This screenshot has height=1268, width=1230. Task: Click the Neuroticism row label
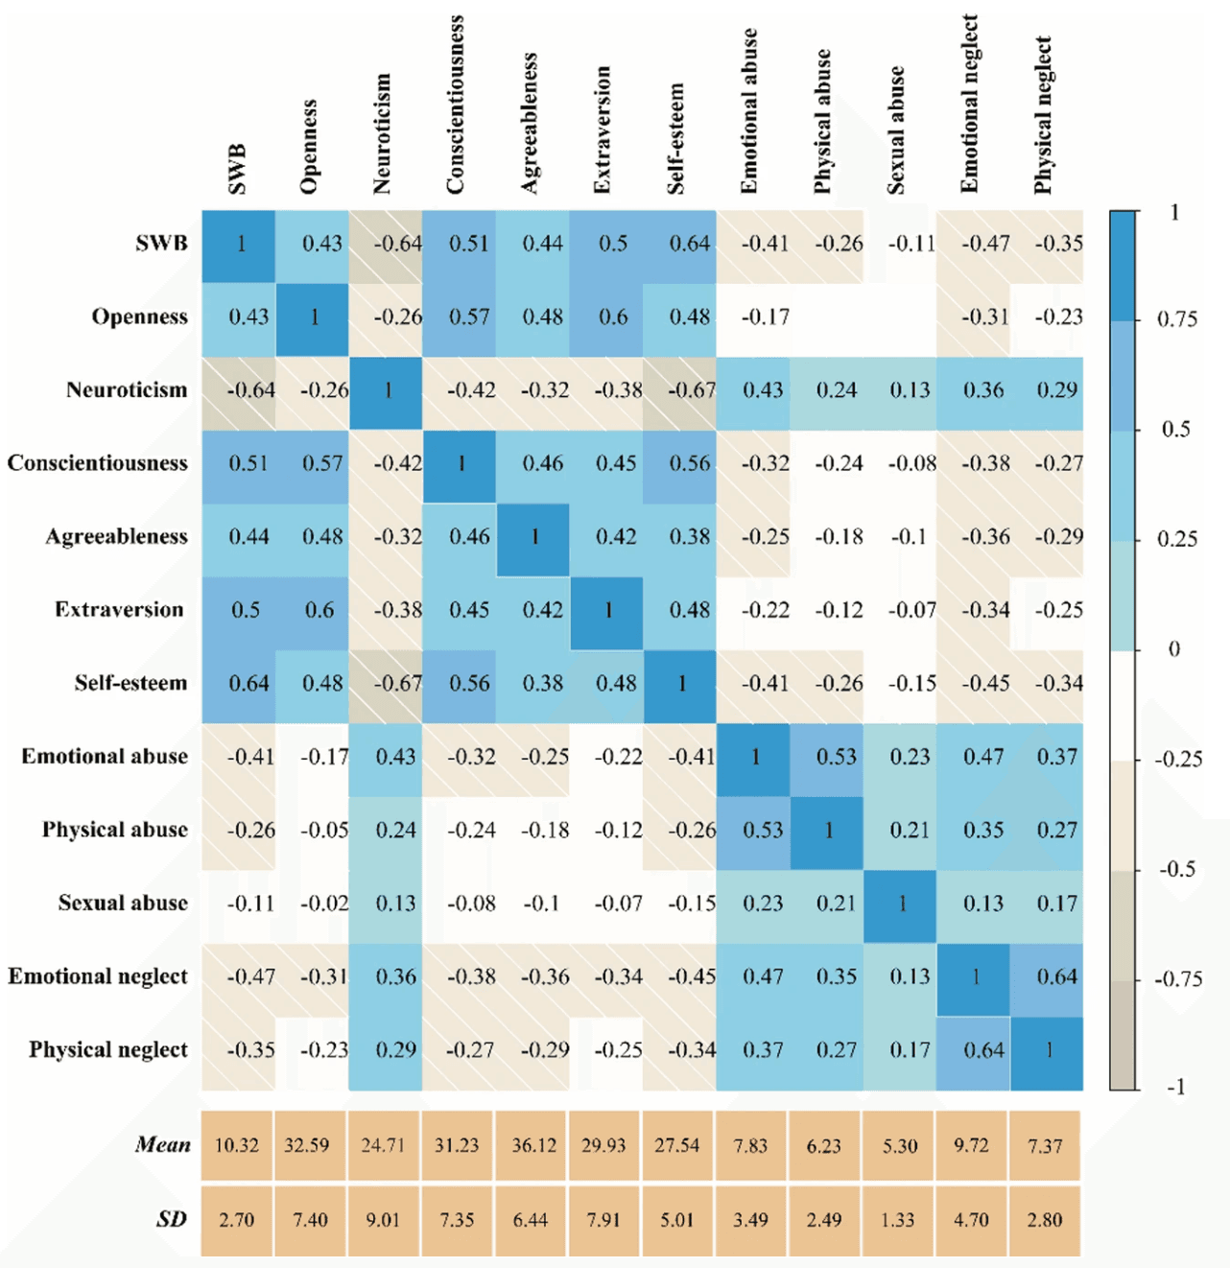pos(127,389)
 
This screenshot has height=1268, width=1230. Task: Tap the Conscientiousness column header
pos(455,105)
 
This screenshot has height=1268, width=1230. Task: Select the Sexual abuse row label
pos(123,903)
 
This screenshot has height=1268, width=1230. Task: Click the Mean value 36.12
pos(533,1145)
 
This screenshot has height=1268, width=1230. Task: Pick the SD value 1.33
pos(898,1219)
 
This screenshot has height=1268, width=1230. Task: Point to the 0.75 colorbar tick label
pos(1176,319)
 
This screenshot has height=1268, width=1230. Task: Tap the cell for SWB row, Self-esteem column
pos(680,247)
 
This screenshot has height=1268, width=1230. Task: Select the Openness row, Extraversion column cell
pos(606,320)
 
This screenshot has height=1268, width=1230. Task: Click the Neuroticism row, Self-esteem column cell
pos(680,393)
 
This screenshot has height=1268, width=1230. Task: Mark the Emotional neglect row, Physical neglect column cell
pos(1047,980)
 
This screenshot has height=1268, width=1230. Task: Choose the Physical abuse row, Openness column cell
pos(312,834)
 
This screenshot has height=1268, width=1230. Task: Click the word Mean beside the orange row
pos(163,1145)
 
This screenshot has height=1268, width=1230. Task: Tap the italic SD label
pos(172,1219)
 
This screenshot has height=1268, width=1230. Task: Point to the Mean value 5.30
pos(900,1145)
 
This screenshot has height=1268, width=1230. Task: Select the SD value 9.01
pos(383,1219)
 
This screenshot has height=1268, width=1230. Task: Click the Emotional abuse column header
pos(749,110)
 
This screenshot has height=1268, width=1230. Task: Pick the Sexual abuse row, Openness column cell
pos(312,907)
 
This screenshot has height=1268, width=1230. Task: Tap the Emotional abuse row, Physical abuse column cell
pos(826,760)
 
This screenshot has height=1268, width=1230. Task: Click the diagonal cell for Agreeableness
pos(532,540)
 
